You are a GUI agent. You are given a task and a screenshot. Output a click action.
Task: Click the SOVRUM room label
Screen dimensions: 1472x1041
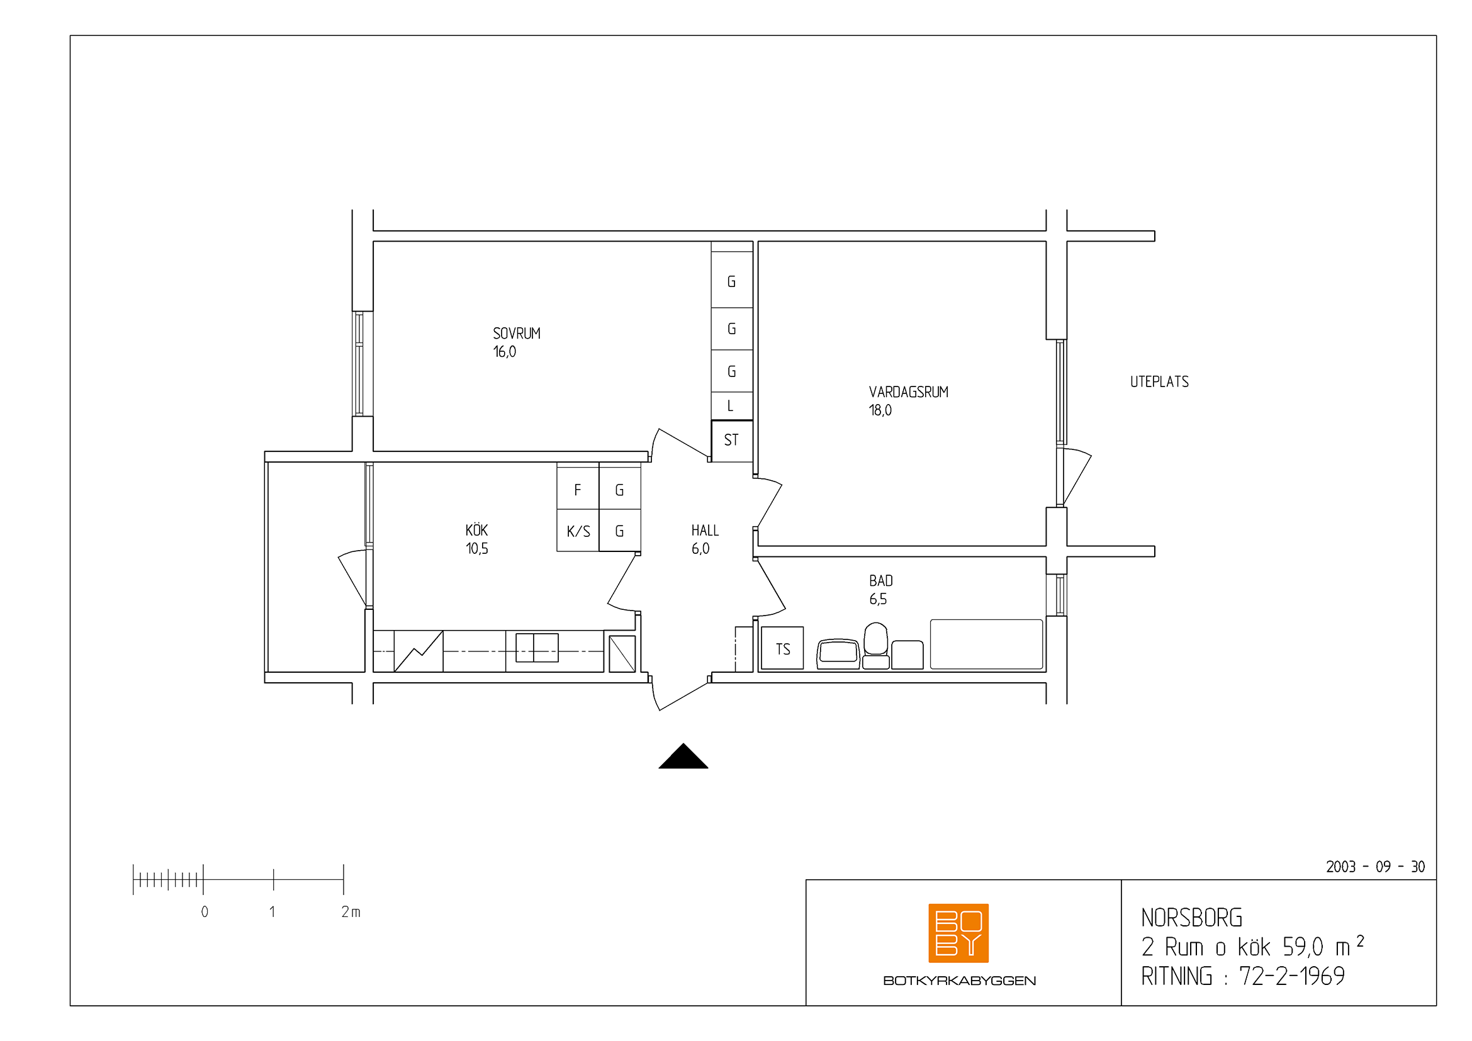(516, 334)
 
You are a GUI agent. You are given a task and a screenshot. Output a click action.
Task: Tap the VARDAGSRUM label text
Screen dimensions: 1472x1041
(909, 392)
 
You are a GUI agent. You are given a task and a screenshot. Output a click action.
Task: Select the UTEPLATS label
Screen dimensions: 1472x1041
(1159, 382)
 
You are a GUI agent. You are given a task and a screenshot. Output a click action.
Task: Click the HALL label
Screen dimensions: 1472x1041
(705, 531)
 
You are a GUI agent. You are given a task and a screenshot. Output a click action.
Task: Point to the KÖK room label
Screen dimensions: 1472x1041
(476, 530)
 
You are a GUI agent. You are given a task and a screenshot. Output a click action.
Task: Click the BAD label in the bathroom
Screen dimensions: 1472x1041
(881, 581)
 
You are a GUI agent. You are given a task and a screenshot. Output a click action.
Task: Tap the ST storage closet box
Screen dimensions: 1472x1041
(731, 441)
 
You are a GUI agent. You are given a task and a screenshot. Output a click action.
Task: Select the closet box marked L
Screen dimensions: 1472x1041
(731, 406)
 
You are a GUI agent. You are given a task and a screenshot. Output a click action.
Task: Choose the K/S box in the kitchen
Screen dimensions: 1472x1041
(578, 531)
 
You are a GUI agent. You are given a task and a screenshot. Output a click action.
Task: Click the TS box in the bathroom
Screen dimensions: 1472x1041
(782, 649)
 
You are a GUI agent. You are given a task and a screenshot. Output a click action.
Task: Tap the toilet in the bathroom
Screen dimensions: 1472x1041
(876, 646)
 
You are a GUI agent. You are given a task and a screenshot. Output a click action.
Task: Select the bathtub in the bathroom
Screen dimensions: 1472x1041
(986, 644)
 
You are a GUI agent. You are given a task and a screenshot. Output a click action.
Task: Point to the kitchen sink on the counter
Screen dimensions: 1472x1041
(537, 648)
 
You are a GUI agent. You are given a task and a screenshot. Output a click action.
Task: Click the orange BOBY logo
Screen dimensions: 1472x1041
(958, 933)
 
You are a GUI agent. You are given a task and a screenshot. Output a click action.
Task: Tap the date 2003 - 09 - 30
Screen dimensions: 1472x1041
(1375, 867)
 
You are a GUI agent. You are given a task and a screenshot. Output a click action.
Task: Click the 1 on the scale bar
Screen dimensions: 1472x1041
(272, 911)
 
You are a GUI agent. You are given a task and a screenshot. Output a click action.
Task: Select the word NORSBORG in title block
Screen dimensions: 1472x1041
(1191, 918)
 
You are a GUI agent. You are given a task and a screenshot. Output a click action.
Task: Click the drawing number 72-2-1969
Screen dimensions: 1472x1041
(1292, 976)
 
